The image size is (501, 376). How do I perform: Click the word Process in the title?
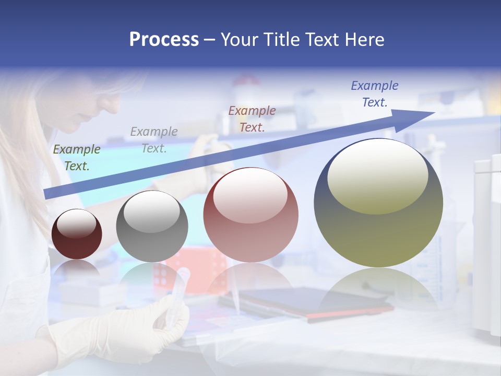pyautogui.click(x=164, y=40)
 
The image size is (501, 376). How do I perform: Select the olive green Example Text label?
pyautogui.click(x=76, y=158)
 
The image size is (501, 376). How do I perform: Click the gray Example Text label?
pyautogui.click(x=154, y=140)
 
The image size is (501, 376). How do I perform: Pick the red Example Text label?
pyautogui.click(x=252, y=119)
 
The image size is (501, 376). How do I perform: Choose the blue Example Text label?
pyautogui.click(x=374, y=94)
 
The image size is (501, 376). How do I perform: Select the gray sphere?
pyautogui.click(x=152, y=230)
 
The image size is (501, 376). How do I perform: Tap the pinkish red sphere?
pyautogui.click(x=250, y=219)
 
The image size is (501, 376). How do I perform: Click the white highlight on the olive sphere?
pyautogui.click(x=377, y=175)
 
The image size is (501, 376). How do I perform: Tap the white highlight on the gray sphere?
pyautogui.click(x=151, y=211)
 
